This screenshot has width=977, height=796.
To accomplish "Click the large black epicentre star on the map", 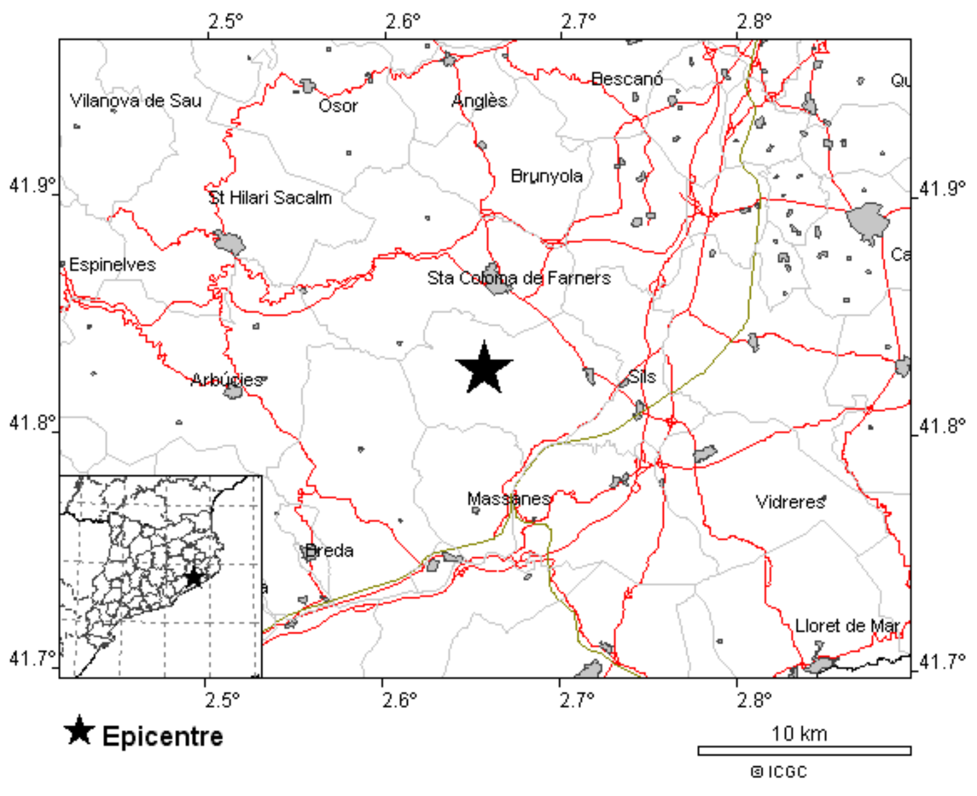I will (484, 369).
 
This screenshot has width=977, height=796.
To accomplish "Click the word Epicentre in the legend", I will (163, 736).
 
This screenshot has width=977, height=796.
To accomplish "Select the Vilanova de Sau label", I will (136, 101).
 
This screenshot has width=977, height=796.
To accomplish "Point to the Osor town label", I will (338, 106).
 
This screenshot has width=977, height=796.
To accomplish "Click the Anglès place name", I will (479, 101).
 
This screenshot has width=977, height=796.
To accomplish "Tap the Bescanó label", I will (627, 79).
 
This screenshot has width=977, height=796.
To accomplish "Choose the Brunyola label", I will (546, 176).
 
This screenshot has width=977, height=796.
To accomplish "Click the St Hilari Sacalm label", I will (270, 198).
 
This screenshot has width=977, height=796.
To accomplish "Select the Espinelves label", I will (112, 265).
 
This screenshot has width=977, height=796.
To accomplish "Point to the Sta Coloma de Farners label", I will (519, 278).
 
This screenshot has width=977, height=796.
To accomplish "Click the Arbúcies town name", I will (227, 380).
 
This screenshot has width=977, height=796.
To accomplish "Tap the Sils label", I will (641, 377).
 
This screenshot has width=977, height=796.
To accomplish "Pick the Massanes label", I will (509, 498).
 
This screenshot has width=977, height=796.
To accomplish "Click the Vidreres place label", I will (791, 502).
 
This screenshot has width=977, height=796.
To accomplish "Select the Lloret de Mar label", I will (847, 626).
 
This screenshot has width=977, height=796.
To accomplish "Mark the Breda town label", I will (329, 551).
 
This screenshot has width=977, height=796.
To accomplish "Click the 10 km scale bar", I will (804, 750).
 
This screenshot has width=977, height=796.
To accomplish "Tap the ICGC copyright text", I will (780, 772).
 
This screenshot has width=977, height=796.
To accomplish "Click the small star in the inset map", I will (194, 578).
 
